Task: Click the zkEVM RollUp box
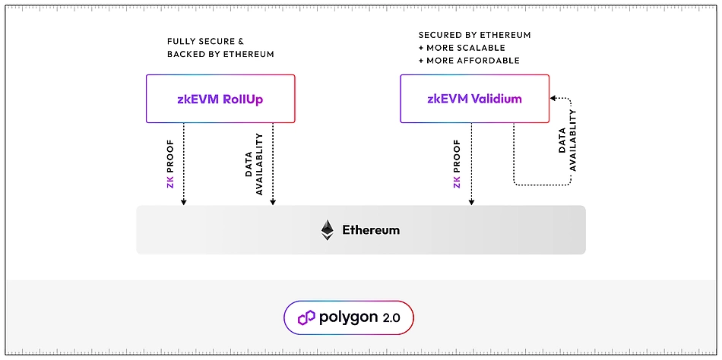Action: coord(220,99)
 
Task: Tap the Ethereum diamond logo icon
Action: coord(327,230)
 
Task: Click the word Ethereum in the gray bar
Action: coord(371,230)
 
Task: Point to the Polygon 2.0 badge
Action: coord(349,317)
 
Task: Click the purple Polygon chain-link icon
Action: coord(306,317)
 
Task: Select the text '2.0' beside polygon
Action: coord(392,317)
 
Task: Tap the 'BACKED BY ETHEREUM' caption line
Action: coord(220,54)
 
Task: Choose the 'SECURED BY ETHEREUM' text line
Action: coord(474,35)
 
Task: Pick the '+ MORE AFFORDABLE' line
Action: coord(469,60)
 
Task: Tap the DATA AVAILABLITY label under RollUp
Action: coord(254,165)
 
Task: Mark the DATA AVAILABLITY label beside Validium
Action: coord(568,141)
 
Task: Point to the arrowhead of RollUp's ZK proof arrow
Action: coord(183,202)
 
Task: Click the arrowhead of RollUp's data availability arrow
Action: coord(273,202)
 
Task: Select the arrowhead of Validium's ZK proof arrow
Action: coord(471,202)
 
